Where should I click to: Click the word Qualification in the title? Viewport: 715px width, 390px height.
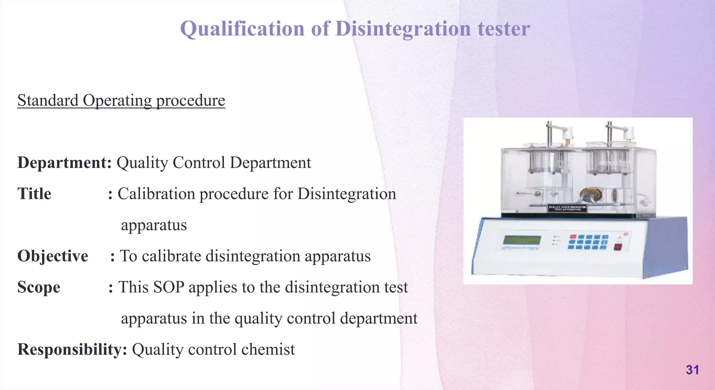242,29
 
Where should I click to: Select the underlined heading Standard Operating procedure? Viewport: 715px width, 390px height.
121,101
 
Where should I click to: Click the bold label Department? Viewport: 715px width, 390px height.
65,163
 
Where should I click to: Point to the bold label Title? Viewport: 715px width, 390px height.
34,194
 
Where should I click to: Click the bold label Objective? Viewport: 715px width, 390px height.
53,256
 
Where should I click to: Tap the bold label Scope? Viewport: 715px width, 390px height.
39,287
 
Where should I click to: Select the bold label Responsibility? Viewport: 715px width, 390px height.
72,349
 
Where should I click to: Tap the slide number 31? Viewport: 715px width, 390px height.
692,370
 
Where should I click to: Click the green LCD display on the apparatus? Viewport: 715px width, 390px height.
522,240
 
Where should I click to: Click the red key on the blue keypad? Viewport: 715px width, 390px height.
573,237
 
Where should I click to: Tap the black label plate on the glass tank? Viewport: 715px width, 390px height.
567,208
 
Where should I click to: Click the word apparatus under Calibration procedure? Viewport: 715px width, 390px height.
154,225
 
